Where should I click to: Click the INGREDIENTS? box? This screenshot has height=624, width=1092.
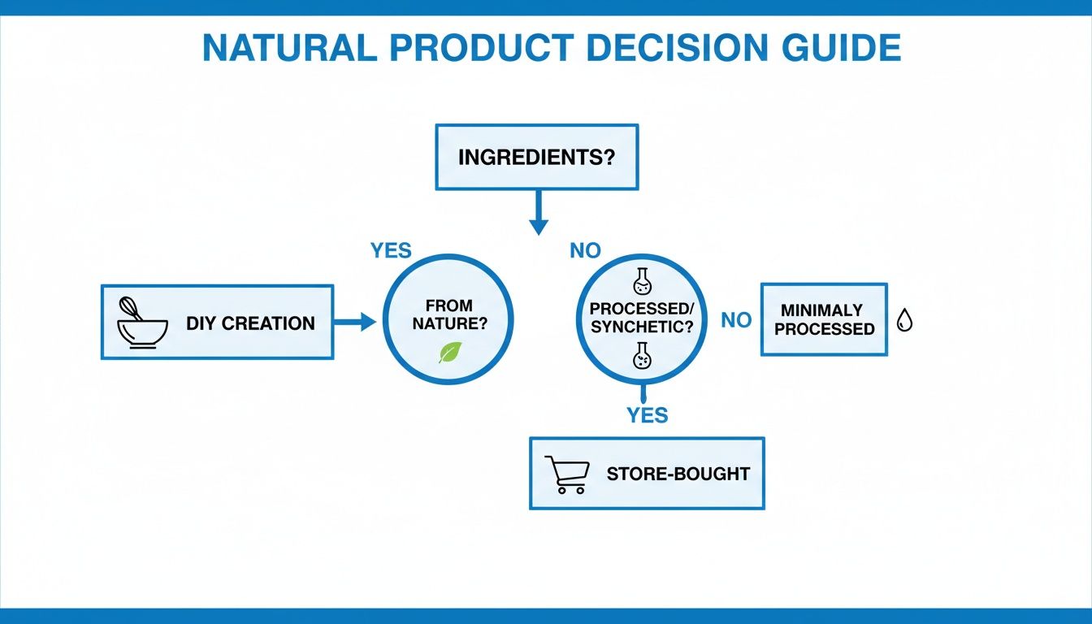click(x=536, y=157)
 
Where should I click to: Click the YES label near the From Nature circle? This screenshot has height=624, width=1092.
click(x=391, y=250)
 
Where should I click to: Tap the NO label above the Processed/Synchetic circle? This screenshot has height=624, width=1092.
click(x=585, y=251)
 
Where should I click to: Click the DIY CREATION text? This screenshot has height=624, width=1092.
click(x=250, y=323)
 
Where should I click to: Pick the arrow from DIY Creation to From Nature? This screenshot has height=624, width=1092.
click(x=355, y=323)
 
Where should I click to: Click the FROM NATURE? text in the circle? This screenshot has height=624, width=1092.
click(x=448, y=314)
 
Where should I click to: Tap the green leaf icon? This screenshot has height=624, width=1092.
click(x=449, y=352)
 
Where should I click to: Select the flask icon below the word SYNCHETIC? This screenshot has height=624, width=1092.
click(x=642, y=355)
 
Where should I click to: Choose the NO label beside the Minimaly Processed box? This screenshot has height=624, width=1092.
click(x=736, y=320)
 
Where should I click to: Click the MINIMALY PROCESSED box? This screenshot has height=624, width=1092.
click(x=823, y=319)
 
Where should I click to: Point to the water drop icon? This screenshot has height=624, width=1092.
click(x=904, y=321)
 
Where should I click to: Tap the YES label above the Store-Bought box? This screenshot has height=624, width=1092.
click(x=647, y=415)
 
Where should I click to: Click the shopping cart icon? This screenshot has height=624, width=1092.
click(x=566, y=474)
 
